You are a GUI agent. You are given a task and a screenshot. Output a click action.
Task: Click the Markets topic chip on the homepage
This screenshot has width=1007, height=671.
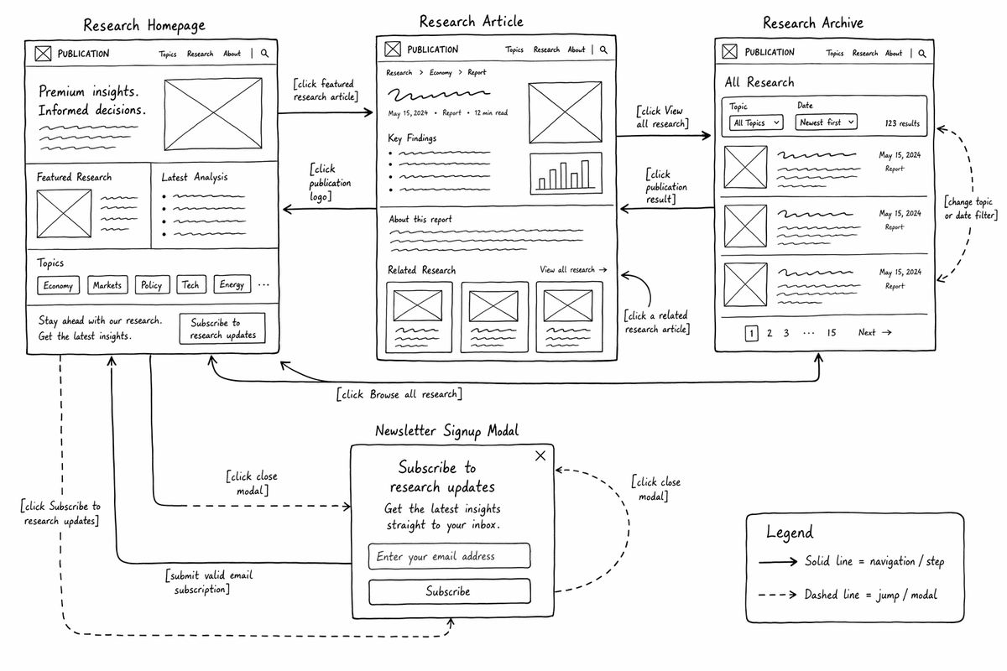(107, 285)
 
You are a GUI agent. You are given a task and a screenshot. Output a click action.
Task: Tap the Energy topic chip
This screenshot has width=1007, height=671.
(232, 284)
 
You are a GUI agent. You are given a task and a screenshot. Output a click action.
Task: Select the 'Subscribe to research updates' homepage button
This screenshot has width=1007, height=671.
(222, 329)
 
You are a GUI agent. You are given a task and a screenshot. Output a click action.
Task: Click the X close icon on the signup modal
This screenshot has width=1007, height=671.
(540, 455)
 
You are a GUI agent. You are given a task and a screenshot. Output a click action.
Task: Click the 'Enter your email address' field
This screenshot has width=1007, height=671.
(449, 556)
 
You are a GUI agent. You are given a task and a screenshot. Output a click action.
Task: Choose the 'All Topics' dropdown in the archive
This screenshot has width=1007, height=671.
(756, 122)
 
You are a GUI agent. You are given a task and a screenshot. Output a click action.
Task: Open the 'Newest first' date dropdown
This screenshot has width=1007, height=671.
(827, 122)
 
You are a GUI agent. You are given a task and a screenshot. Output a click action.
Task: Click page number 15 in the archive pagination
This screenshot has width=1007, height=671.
(832, 333)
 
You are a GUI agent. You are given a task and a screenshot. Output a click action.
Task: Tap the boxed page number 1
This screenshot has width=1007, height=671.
(751, 334)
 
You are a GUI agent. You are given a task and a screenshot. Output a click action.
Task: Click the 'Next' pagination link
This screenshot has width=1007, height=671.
(874, 333)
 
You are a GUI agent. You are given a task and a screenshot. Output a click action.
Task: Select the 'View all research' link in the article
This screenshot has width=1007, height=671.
(574, 270)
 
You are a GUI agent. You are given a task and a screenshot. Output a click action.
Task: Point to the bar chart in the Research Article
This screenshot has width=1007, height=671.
(566, 174)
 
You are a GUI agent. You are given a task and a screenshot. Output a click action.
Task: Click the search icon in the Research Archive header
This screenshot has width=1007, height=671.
(922, 54)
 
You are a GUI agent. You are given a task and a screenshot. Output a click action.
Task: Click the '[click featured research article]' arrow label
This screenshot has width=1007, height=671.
(326, 90)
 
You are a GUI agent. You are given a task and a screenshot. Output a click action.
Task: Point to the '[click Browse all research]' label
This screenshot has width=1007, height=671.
(399, 394)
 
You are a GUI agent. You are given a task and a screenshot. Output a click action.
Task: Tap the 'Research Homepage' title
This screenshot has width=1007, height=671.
(144, 25)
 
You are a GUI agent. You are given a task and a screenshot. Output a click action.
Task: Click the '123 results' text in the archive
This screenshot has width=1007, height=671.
(902, 123)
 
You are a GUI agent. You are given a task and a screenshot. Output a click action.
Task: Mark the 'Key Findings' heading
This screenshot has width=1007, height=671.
(412, 138)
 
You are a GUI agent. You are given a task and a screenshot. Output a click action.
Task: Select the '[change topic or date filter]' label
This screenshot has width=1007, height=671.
(971, 209)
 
